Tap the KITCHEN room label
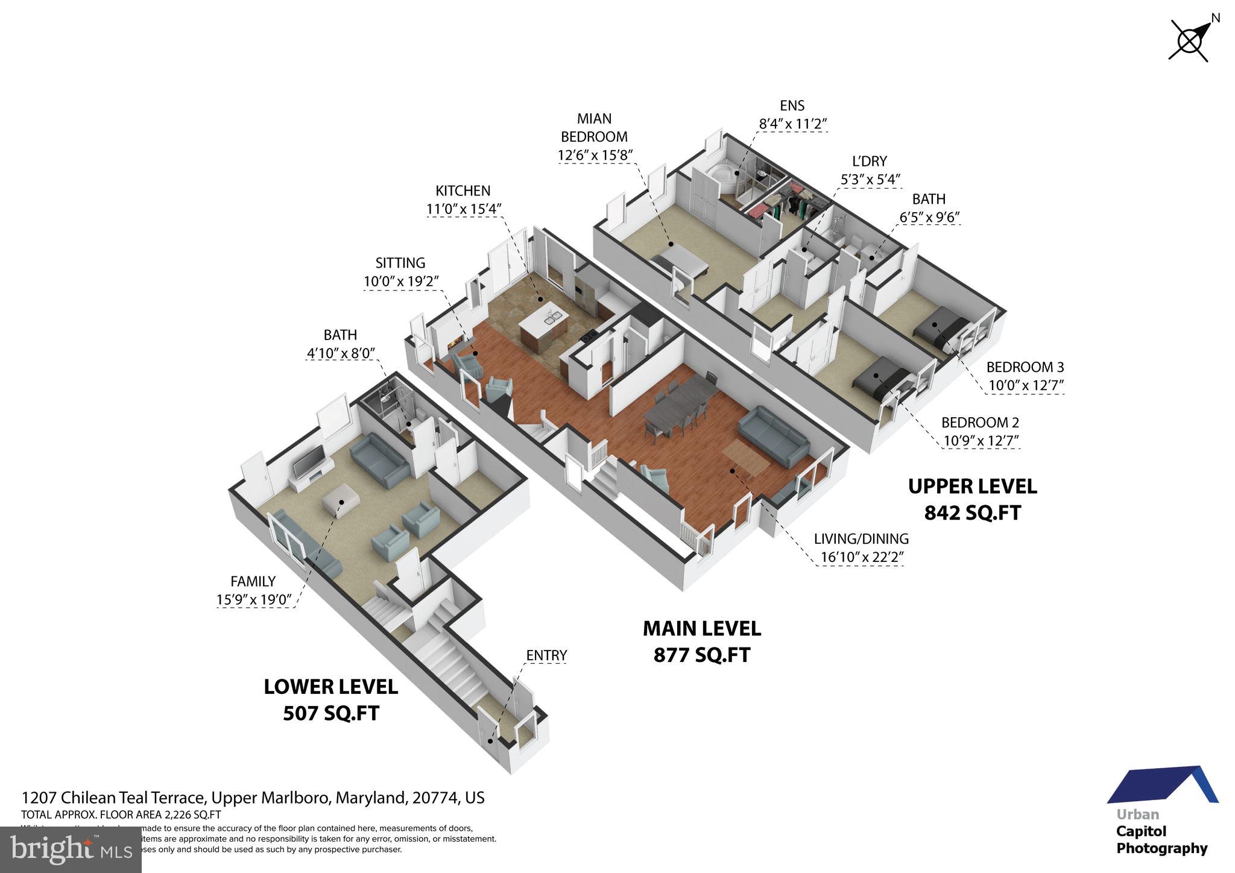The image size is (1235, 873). [x=463, y=191]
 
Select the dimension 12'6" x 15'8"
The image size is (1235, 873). [x=595, y=156]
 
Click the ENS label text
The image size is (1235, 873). [x=792, y=106]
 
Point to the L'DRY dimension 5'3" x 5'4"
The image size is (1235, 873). [x=870, y=180]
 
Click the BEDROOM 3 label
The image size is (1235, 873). [x=1025, y=367]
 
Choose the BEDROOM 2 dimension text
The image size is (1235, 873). [x=981, y=441]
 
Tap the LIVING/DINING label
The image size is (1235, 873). [x=861, y=538]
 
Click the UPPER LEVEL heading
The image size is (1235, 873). [x=972, y=487]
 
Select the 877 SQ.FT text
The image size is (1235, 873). [x=701, y=655]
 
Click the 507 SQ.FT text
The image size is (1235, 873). [x=331, y=713]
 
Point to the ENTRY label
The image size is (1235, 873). [x=546, y=655]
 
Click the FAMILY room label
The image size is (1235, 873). [x=253, y=581]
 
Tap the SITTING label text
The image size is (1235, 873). [x=400, y=263]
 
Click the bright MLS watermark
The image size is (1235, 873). [x=71, y=849]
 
